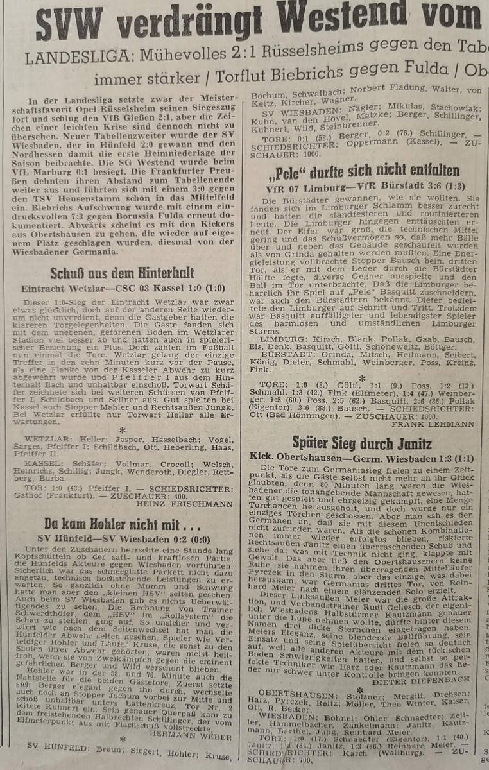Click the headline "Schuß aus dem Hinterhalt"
(x=123, y=272)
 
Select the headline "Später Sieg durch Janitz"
(x=362, y=442)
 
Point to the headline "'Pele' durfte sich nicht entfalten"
(x=365, y=171)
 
